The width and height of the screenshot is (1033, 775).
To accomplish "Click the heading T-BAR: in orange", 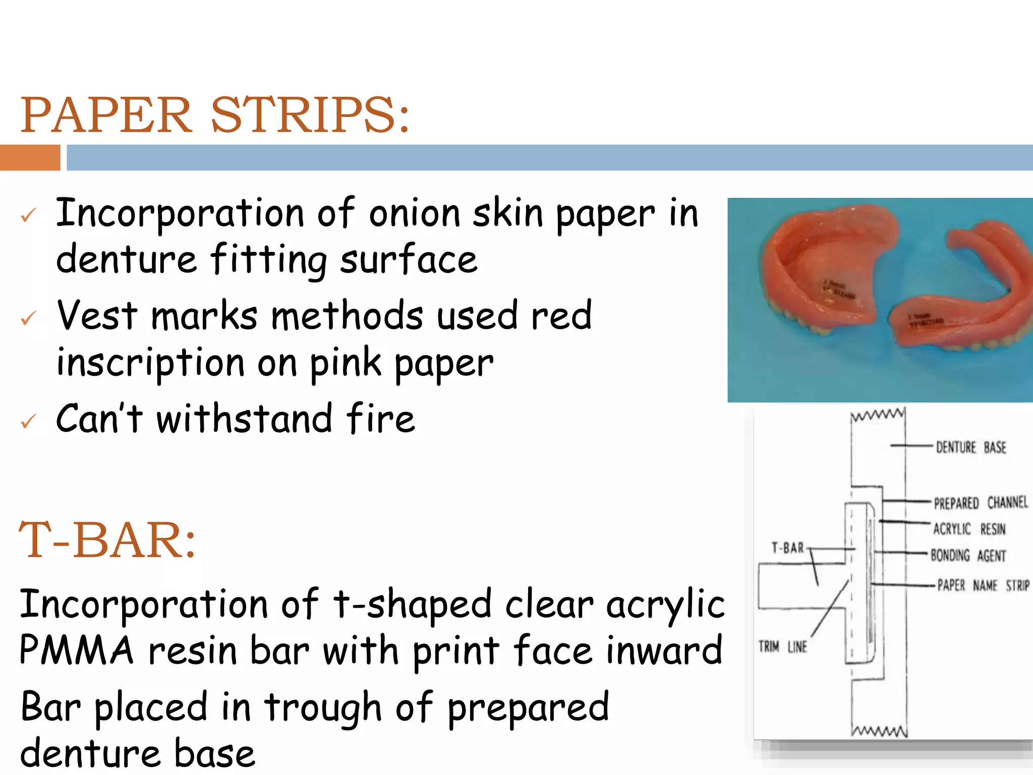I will pyautogui.click(x=107, y=540).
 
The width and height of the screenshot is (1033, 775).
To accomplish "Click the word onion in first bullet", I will pyautogui.click(x=414, y=213).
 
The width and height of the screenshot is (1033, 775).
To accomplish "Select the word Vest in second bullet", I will pyautogui.click(x=97, y=316).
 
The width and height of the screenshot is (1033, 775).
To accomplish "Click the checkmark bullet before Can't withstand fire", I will pyautogui.click(x=28, y=421).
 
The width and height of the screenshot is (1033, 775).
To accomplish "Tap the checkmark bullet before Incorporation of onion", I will pyautogui.click(x=28, y=215).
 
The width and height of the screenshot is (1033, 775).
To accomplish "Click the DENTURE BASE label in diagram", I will pyautogui.click(x=970, y=448).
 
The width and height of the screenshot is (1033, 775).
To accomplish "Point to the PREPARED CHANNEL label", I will pyautogui.click(x=980, y=503).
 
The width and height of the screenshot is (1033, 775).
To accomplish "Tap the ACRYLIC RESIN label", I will pyautogui.click(x=969, y=529).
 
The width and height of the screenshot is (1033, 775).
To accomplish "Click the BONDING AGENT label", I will pyautogui.click(x=967, y=556).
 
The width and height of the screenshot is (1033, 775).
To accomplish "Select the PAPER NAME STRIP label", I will pyautogui.click(x=983, y=585).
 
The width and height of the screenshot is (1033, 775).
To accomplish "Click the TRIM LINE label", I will pyautogui.click(x=782, y=646).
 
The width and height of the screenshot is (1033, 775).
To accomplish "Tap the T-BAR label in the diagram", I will pyautogui.click(x=787, y=548).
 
